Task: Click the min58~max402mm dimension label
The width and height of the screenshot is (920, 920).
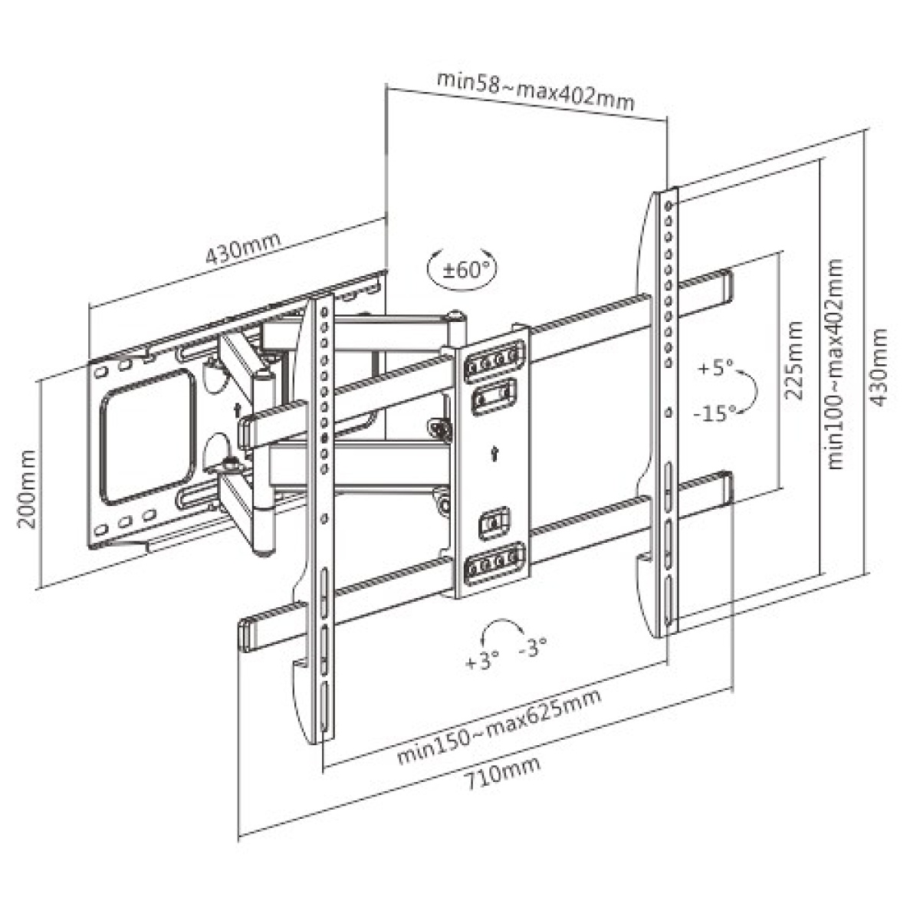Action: [535, 90]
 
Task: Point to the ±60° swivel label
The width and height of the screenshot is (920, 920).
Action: [460, 269]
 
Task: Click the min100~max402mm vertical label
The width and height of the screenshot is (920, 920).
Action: [836, 363]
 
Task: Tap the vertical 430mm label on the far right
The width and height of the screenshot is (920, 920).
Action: [880, 367]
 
